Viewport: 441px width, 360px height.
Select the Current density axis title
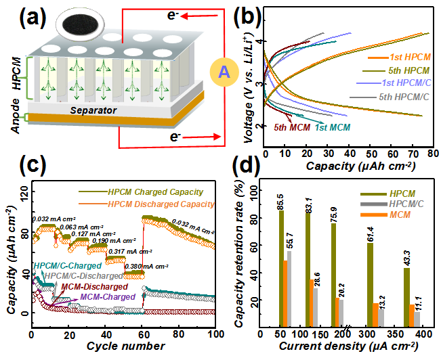pyautogui.click(x=342, y=347)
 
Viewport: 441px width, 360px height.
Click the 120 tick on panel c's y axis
pyautogui.click(x=20, y=195)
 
